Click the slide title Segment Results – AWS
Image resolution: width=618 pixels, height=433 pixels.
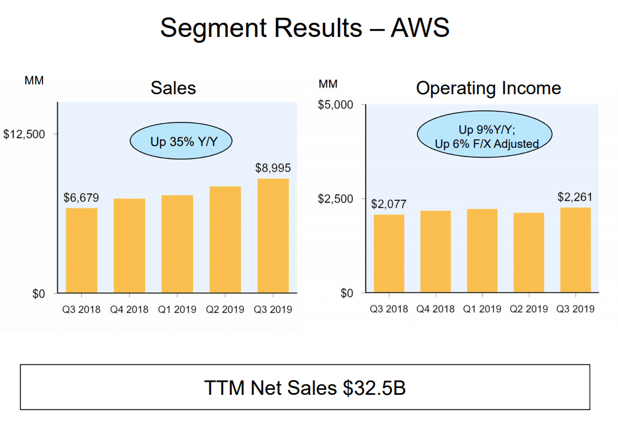305,28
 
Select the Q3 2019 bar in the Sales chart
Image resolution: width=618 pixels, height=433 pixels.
273,236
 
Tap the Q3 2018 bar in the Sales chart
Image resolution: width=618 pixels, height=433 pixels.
81,250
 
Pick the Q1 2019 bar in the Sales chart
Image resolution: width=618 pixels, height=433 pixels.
177,244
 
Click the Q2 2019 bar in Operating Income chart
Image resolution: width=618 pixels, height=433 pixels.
529,253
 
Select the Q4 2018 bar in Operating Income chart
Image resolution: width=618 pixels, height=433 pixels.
436,251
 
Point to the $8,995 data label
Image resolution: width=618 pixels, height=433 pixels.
273,168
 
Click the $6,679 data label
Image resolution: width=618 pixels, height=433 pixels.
81,198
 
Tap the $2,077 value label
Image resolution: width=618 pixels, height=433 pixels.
388,204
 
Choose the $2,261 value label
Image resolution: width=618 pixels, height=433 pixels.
575,197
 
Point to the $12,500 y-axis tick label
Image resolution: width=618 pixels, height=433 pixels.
25,134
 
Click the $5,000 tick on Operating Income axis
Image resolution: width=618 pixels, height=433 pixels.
335,105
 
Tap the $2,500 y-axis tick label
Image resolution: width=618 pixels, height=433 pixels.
335,198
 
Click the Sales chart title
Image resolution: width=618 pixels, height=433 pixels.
173,88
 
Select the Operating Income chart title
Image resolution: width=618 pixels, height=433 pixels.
488,88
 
